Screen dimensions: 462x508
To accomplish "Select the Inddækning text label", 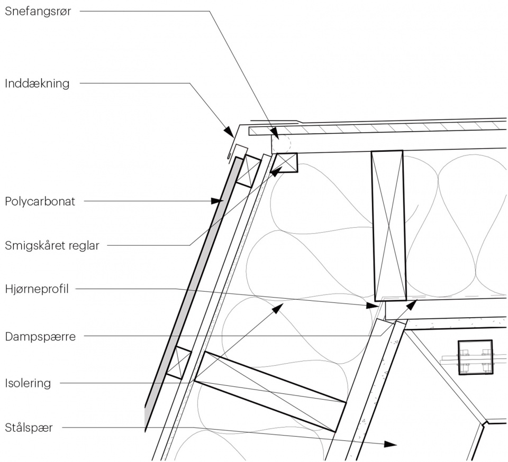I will tap(37, 83).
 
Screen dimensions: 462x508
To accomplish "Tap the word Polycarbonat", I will tap(40, 201).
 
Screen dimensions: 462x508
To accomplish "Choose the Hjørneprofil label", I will tap(38, 289).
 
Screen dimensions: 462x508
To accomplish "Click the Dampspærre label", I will tap(40, 336).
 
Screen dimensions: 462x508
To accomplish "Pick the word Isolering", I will tap(28, 383).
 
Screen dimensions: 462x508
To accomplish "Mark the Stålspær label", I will tap(29, 428).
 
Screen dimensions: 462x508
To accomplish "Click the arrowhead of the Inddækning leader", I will tap(229, 131).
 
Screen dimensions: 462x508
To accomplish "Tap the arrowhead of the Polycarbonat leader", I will tap(217, 201).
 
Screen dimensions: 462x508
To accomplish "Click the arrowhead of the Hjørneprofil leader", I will tap(373, 306).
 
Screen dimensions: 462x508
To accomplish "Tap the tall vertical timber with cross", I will tap(387, 225).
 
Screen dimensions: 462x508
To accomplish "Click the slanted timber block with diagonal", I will tap(270, 391).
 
